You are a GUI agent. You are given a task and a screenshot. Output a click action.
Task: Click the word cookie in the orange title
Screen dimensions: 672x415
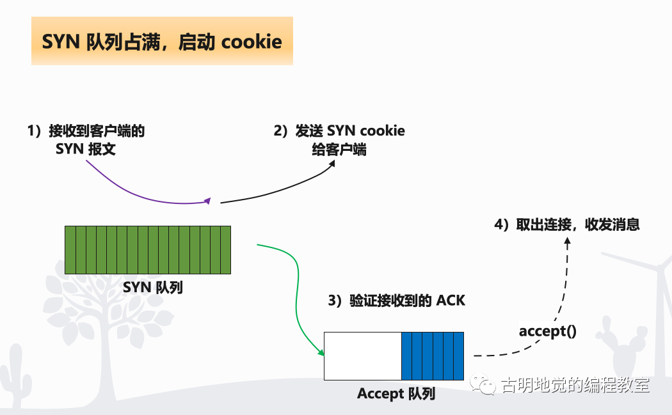(252, 42)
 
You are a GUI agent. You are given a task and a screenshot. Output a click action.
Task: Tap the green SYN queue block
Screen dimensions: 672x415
(148, 250)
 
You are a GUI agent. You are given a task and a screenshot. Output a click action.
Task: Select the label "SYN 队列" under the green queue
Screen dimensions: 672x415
(153, 287)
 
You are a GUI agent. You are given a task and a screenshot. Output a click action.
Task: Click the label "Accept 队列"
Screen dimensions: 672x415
(396, 394)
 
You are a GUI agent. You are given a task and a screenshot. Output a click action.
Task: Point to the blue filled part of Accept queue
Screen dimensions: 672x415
(433, 356)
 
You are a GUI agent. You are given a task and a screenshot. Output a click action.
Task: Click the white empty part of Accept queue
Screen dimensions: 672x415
(363, 356)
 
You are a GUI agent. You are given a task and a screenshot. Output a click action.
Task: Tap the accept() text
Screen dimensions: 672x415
(548, 331)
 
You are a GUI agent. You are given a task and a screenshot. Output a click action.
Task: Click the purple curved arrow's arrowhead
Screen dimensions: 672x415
(208, 201)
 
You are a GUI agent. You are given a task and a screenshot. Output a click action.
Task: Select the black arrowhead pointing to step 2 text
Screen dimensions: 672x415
(332, 164)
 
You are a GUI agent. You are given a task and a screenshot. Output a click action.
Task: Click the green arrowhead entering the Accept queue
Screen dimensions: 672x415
(321, 352)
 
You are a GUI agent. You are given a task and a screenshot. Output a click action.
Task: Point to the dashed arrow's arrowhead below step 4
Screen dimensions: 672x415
(568, 242)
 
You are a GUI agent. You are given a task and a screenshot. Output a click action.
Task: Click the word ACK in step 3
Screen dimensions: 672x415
(451, 301)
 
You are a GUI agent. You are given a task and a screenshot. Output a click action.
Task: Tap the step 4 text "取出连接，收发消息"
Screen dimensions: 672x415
(578, 224)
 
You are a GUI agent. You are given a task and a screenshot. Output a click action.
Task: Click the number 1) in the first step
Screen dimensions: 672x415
(35, 130)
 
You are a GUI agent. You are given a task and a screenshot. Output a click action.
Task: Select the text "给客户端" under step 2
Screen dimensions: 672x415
(339, 150)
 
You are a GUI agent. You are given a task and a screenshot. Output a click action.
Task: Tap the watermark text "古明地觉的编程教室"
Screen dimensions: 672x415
(575, 385)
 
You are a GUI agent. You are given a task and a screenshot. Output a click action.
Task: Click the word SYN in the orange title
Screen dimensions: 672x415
(61, 42)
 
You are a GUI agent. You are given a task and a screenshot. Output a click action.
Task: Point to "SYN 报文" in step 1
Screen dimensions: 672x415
(86, 149)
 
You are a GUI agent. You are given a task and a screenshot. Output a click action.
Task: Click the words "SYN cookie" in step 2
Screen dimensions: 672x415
(366, 130)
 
